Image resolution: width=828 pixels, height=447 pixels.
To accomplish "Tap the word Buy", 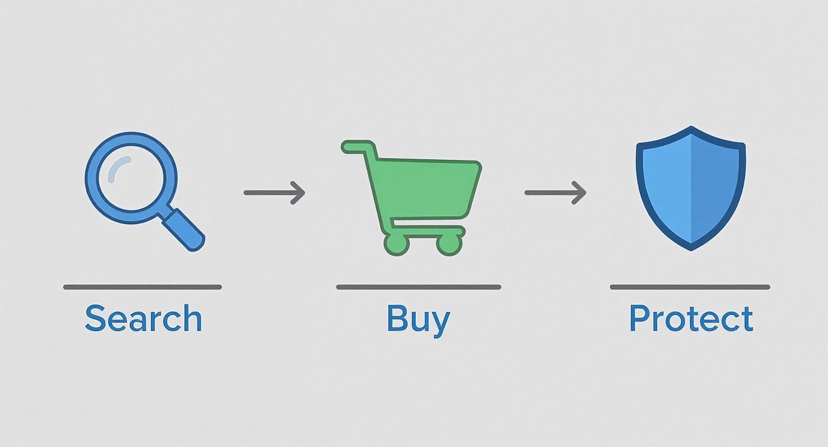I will [x=418, y=319].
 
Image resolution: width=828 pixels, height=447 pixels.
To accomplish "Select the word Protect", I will [x=691, y=319].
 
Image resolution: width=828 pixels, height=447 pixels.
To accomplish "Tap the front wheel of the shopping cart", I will [x=449, y=243].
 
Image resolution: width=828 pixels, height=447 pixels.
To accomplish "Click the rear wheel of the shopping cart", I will [x=396, y=243].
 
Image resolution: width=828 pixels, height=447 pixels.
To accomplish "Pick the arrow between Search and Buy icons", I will [x=274, y=193].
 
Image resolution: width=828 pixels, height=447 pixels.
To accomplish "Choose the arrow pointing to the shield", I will [x=555, y=193].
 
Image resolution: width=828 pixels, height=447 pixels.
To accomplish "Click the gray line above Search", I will [x=143, y=287].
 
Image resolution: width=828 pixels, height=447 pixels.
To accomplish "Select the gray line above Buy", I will [x=418, y=287].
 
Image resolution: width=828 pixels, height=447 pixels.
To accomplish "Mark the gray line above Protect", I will [x=690, y=287].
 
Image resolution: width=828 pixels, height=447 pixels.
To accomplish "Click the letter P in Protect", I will [x=639, y=319].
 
